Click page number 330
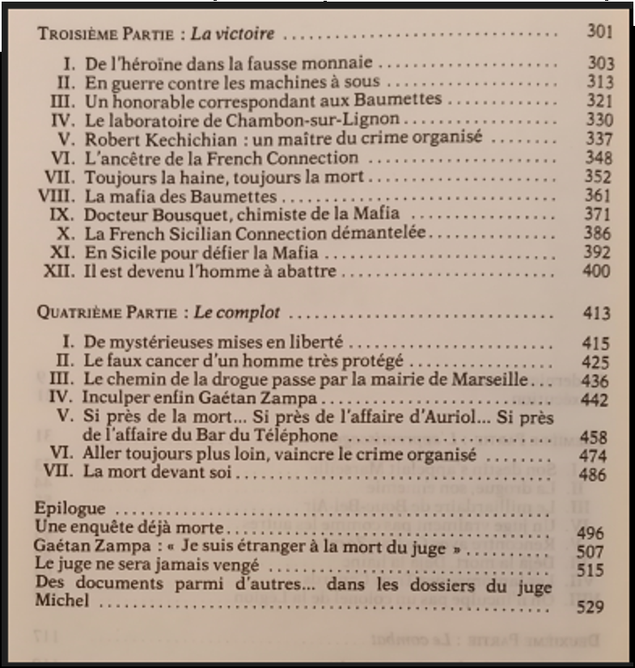pos(599,120)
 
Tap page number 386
pos(599,235)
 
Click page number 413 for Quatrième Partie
pos(596,314)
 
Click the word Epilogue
pos(70,509)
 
